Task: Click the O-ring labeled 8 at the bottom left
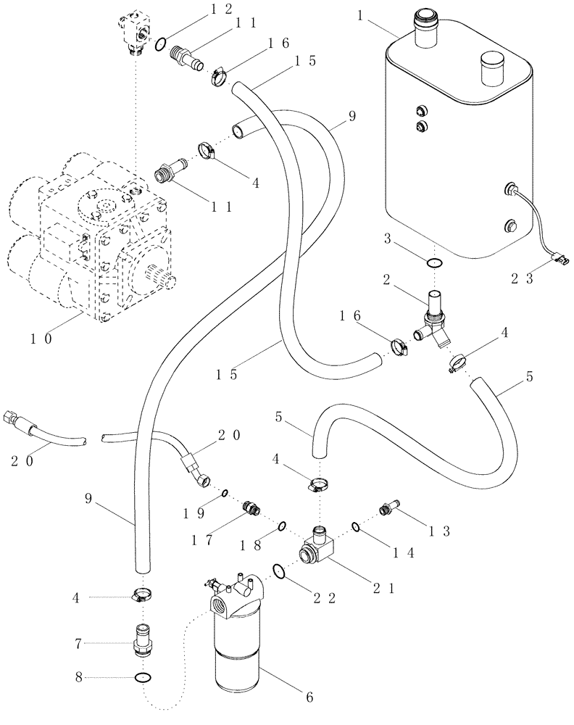pyautogui.click(x=143, y=678)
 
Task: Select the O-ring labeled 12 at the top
pyautogui.click(x=163, y=44)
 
